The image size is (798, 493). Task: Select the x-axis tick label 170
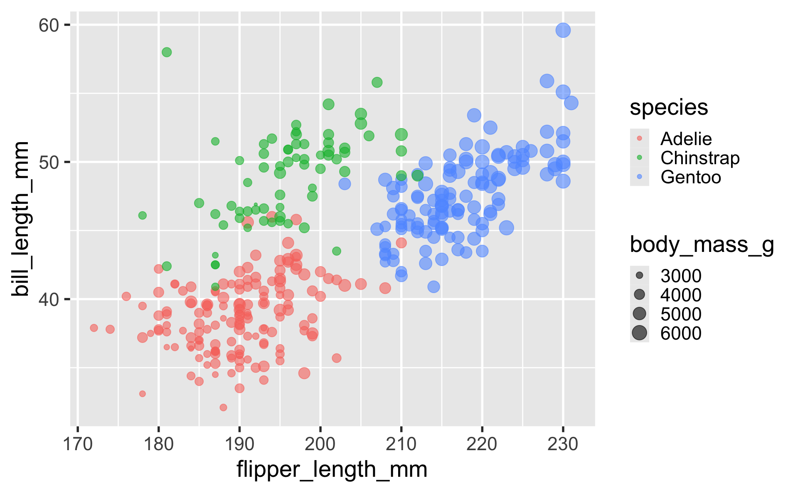pos(77,445)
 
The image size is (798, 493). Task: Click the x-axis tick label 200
pos(320,445)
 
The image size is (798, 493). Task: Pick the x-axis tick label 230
pos(563,445)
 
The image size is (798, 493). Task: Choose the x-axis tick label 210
pos(401,445)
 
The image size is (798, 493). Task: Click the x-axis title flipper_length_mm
pos(332,470)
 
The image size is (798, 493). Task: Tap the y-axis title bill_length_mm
pos(20,219)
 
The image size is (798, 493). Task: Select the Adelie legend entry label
pos(686,139)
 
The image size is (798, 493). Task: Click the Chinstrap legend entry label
pos(700,158)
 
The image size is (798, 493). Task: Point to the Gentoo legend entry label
pos(690,177)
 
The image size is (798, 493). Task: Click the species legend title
pos(668,108)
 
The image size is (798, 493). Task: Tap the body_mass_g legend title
pos(702,245)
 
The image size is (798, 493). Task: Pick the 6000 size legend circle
pos(639,333)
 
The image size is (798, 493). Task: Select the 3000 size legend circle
pos(639,276)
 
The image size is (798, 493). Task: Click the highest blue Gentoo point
pos(563,30)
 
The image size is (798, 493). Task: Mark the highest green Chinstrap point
pos(167,52)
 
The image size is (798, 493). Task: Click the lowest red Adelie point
pos(223,407)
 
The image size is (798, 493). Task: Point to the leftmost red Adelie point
pos(94,328)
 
